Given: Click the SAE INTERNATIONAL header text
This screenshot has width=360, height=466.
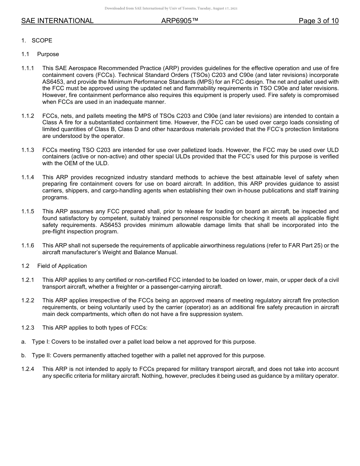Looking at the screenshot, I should (x=57, y=21).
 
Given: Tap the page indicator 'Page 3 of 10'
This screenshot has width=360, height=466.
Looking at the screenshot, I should (x=318, y=21).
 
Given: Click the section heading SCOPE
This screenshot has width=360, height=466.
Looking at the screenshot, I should (x=42, y=41).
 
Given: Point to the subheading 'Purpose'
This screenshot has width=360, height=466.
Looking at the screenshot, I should (x=48, y=54).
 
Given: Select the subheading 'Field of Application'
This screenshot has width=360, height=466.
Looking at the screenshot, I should (x=62, y=266).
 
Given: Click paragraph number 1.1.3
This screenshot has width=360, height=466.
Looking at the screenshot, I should (x=28, y=150).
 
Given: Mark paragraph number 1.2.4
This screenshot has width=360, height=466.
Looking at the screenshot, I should (x=28, y=369).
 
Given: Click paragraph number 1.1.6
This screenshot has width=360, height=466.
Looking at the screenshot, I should (x=28, y=246).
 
